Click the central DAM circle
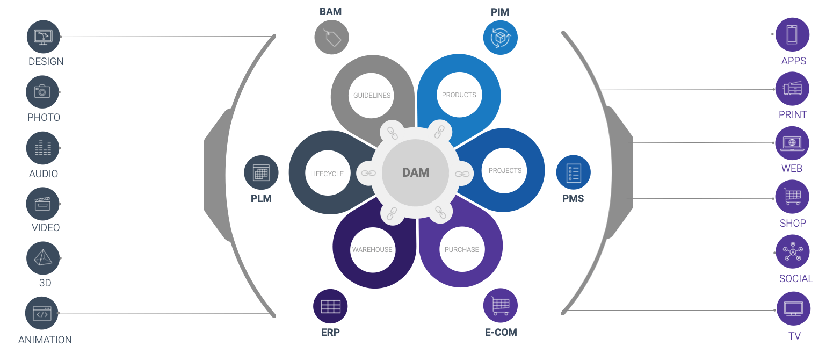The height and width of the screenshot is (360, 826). click(416, 172)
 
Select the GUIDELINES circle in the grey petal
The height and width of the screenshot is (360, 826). click(372, 96)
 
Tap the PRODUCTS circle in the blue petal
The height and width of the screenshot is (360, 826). click(459, 95)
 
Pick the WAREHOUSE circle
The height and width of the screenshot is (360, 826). click(372, 249)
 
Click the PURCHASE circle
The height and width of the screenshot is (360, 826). click(461, 249)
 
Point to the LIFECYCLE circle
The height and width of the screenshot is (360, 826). click(327, 174)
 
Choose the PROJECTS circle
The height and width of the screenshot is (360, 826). click(505, 171)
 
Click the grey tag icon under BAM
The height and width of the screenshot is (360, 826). click(331, 38)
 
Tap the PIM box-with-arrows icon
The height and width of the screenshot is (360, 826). click(500, 38)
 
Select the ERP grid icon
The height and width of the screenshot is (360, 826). click(330, 307)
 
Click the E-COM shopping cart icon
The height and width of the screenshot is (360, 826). click(500, 306)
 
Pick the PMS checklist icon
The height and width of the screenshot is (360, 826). click(573, 172)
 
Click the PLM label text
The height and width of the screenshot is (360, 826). click(261, 198)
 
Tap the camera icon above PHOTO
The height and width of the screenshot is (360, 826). click(42, 92)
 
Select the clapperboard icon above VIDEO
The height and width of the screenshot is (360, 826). click(42, 204)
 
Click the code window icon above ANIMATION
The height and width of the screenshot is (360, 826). click(42, 313)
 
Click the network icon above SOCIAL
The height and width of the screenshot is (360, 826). click(792, 251)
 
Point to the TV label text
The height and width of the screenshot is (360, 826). click(794, 336)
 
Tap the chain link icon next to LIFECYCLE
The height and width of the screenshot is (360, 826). click(368, 173)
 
